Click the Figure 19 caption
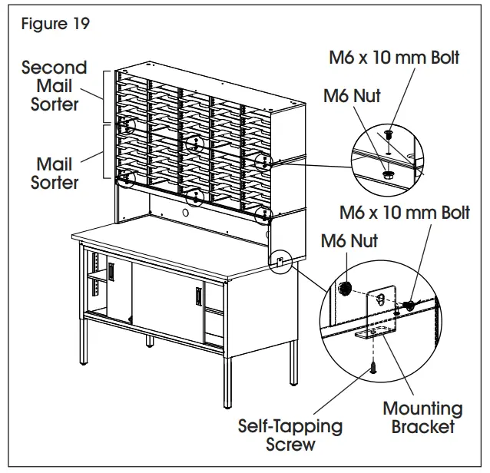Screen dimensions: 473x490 point(55,24)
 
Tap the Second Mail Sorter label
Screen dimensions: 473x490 point(55,85)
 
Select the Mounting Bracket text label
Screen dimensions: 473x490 point(422,417)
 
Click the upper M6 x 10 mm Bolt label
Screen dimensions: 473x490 point(394,58)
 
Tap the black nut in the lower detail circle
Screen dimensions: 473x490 point(346,289)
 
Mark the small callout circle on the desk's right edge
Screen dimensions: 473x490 point(280,260)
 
